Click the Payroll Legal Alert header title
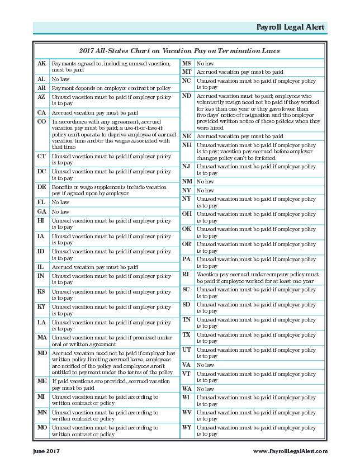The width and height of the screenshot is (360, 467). tap(290, 27)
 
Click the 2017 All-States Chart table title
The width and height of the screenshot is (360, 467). tap(179, 50)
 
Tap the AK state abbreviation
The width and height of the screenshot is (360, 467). tap(41, 64)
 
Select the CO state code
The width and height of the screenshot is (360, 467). tap(41, 121)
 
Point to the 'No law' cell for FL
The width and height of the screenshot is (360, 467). tap(60, 202)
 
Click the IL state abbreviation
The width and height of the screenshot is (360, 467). tap(41, 267)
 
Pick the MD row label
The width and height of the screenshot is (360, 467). tap(42, 353)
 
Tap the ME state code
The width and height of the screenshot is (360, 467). tap(41, 381)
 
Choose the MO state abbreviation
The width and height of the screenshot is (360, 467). tap(42, 427)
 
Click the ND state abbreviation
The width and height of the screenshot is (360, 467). tap(187, 96)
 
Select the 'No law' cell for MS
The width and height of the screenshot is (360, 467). tap(205, 64)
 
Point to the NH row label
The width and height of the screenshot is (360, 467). tap(187, 145)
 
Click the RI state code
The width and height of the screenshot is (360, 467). tap(186, 275)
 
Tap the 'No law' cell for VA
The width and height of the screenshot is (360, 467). tap(205, 365)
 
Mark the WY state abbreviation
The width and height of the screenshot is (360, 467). tap(187, 427)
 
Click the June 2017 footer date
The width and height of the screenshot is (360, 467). tap(46, 451)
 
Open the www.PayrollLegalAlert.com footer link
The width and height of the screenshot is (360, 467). tap(290, 451)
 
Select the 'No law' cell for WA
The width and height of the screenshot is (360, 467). tap(205, 389)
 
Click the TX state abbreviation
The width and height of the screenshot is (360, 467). tap(186, 334)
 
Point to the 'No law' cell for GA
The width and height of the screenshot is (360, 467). tap(60, 212)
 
